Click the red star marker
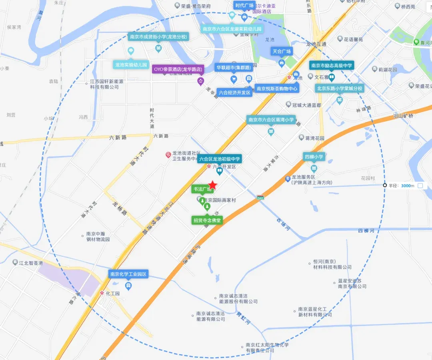(213, 185)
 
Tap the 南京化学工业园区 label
(129, 274)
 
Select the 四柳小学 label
(314, 157)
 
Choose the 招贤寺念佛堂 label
(207, 220)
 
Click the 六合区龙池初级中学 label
(220, 159)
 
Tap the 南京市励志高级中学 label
(332, 65)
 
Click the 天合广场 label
(282, 51)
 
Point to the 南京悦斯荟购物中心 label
(277, 88)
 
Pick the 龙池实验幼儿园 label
(131, 64)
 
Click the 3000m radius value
(408, 185)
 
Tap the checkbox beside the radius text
(420, 185)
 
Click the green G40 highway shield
(261, 198)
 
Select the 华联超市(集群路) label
(234, 67)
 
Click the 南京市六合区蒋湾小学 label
(271, 120)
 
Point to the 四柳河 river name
(366, 231)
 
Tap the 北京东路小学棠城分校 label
(339, 88)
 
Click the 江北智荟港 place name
(31, 263)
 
